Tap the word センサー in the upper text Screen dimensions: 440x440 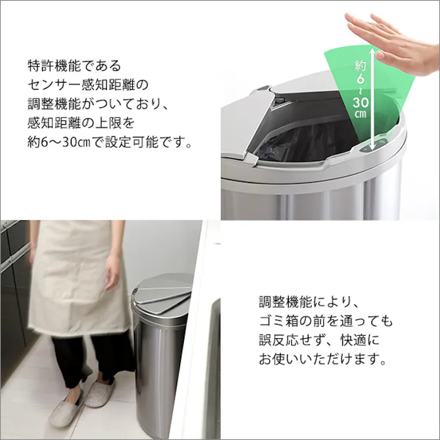click(58, 85)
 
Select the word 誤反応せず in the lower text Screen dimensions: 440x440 click(293, 341)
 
